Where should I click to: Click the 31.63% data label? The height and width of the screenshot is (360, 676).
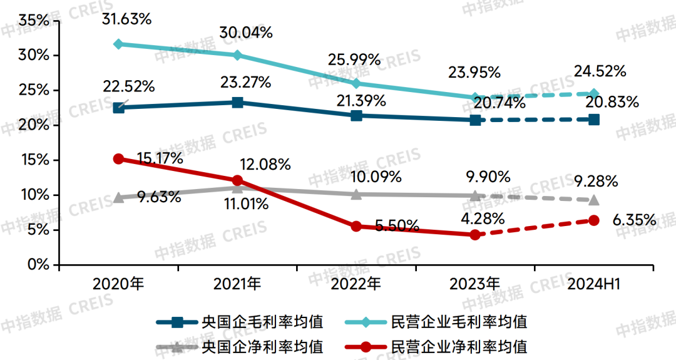127,19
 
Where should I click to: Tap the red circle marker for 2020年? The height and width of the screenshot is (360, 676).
119,159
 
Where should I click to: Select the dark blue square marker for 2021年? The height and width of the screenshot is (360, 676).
238,102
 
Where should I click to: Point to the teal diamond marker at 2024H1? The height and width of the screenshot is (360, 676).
593,93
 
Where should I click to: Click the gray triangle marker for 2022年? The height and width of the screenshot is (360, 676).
356,194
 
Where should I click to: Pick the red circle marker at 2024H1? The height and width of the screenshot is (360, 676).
593,220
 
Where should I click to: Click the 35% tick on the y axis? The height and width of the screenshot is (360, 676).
34,21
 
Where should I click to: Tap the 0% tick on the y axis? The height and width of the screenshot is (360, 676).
38,265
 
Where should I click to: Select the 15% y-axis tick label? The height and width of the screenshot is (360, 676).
34,160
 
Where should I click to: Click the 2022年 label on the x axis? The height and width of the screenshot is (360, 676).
356,284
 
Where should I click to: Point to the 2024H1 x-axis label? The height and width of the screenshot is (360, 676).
593,284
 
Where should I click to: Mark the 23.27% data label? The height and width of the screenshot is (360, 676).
245,81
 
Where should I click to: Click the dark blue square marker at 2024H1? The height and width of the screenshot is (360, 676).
593,119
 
